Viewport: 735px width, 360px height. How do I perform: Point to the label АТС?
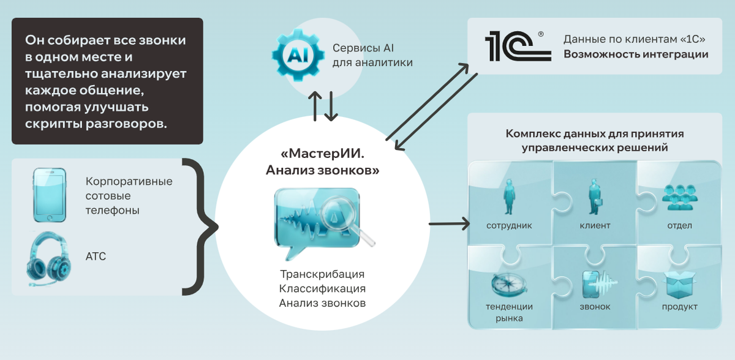point(96,257)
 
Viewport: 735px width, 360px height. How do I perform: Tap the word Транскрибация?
point(322,274)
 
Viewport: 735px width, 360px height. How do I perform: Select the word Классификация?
point(322,288)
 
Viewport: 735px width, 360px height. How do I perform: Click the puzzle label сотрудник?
point(509,225)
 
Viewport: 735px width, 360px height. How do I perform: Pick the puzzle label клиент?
point(595,225)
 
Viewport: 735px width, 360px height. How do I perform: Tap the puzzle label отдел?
point(679,225)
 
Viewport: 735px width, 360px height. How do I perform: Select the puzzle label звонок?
point(595,307)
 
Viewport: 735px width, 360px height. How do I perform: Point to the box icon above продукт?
point(679,284)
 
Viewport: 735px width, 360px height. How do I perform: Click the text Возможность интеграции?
point(636,54)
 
